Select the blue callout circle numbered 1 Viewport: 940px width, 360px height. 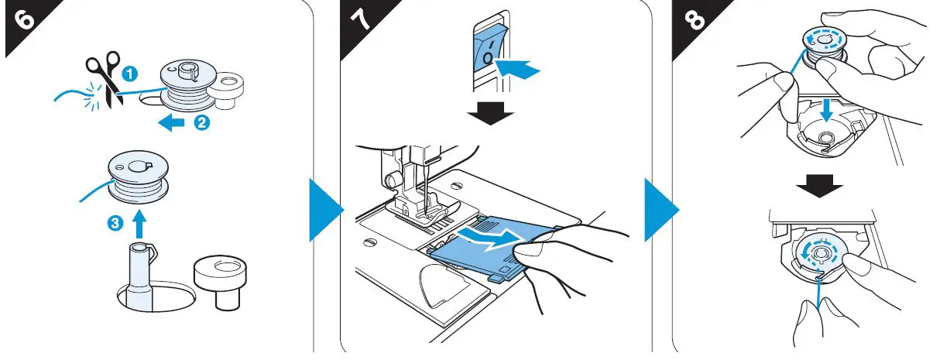132,74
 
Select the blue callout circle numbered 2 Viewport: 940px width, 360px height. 201,122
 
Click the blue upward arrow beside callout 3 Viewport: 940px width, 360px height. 139,225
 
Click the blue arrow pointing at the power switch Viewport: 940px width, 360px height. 516,70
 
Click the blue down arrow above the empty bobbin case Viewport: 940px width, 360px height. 827,109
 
